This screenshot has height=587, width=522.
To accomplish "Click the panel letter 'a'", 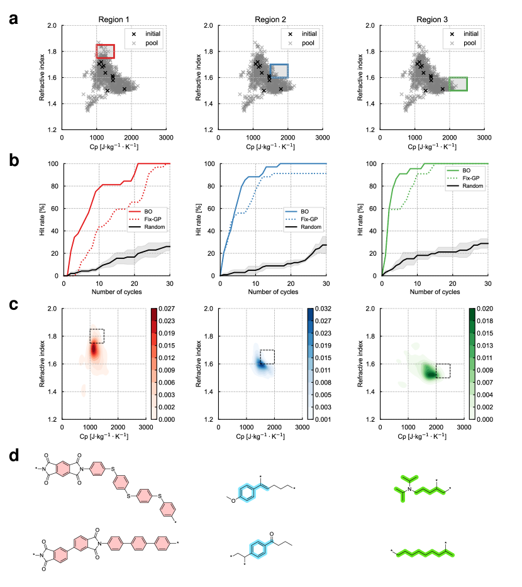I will tap(13, 19).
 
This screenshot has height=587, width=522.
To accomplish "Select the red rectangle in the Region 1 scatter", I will tap(105, 52).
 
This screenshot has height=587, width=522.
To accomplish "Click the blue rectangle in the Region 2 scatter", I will tap(279, 71).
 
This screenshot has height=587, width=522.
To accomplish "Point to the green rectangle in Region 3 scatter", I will tap(458, 84).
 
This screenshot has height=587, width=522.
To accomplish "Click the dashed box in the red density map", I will tap(96, 336).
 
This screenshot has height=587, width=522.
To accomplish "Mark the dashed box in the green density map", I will tap(443, 370).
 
